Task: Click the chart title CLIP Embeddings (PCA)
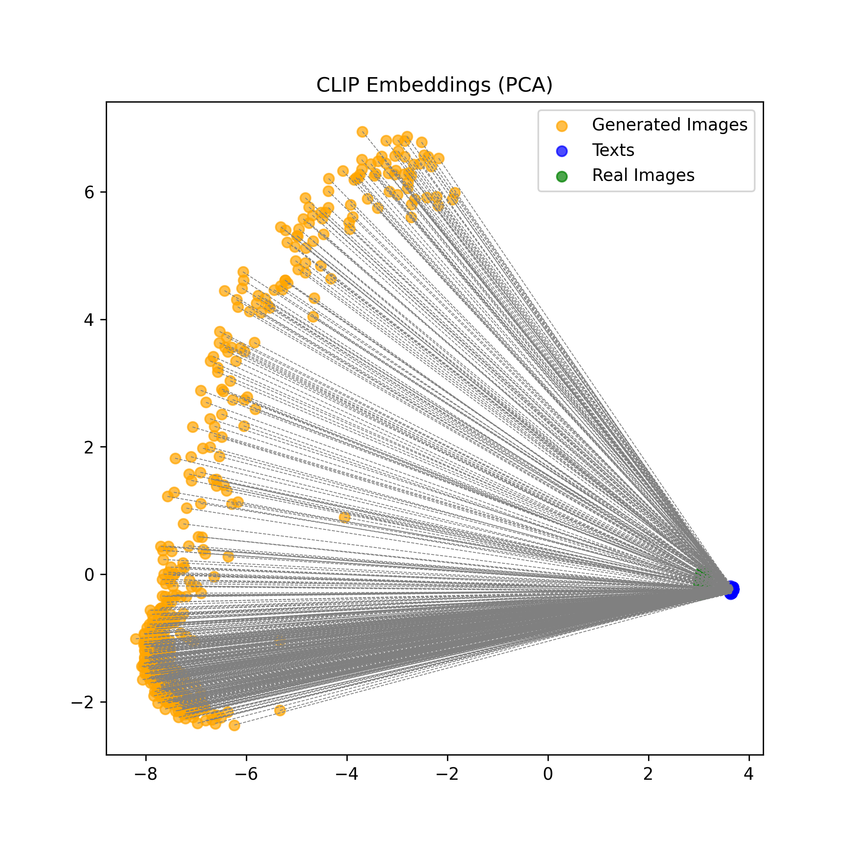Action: [434, 85]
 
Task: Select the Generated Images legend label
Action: [670, 125]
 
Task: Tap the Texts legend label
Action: [613, 151]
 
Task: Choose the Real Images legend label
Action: [643, 176]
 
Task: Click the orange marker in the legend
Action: [562, 126]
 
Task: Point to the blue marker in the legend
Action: [562, 151]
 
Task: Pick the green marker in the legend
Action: [562, 176]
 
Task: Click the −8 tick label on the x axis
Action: [146, 774]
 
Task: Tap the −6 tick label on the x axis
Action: [246, 774]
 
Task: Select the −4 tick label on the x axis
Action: [347, 774]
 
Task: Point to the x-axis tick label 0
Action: [548, 774]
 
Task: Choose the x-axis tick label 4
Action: [749, 774]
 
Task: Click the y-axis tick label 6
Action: [90, 192]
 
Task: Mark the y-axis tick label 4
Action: [90, 319]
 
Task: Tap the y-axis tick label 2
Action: [90, 447]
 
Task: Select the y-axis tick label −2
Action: [84, 702]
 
